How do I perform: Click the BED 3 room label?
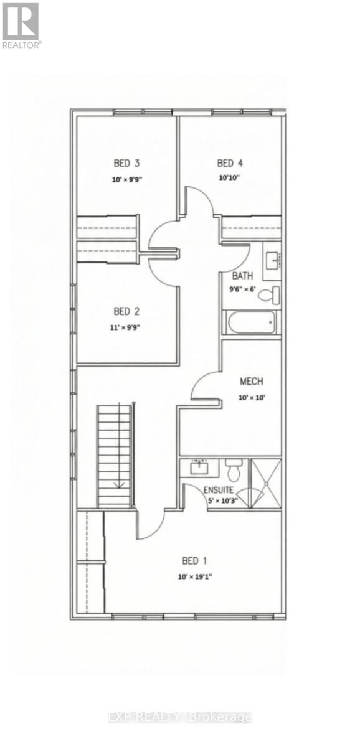click(126, 164)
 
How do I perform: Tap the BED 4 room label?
click(229, 164)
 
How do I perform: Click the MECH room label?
click(251, 382)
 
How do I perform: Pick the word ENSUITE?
click(219, 490)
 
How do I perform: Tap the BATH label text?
click(242, 276)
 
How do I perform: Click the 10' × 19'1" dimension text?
click(195, 576)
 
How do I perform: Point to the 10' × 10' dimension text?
click(251, 398)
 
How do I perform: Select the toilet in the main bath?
click(268, 294)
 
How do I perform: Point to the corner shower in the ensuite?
click(265, 483)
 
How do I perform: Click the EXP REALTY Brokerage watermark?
click(179, 717)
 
